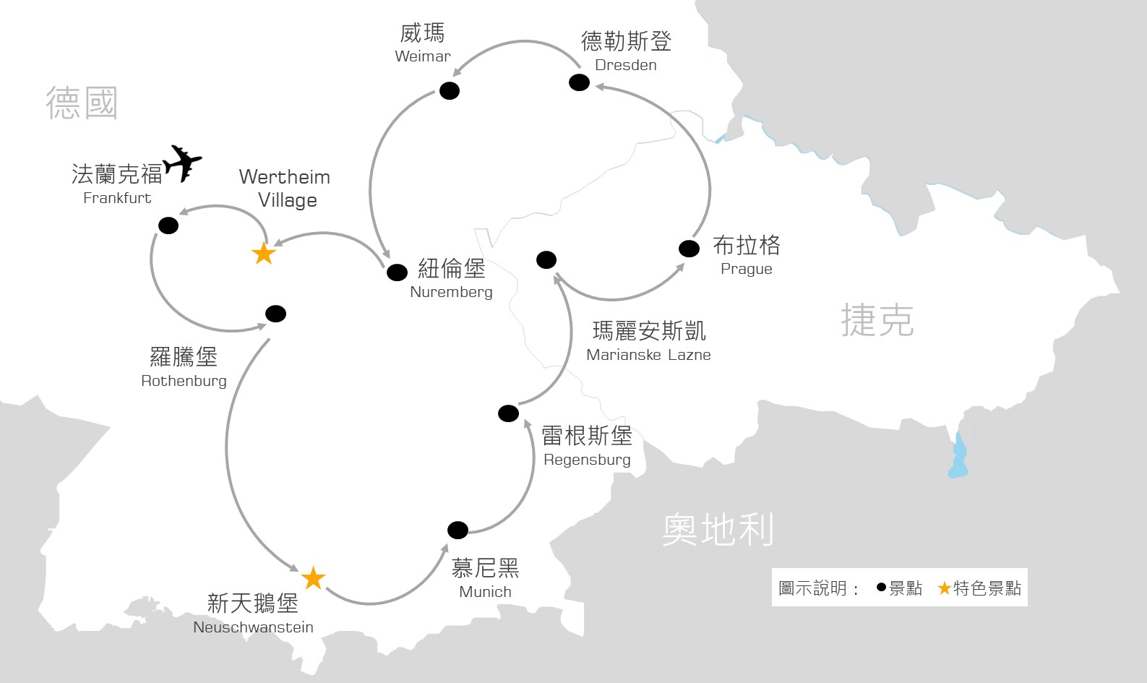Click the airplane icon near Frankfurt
click(182, 163)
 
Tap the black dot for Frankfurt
click(168, 225)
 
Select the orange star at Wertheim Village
click(263, 254)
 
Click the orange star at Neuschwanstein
click(313, 578)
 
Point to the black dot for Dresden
click(579, 82)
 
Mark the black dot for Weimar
click(450, 91)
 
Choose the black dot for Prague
click(689, 249)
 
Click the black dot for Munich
click(457, 530)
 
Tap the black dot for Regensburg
click(508, 413)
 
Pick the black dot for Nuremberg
click(397, 272)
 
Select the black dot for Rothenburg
click(275, 314)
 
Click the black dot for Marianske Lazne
click(546, 259)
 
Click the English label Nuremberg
click(451, 292)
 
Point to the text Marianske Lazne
click(648, 355)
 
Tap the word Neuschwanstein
click(253, 627)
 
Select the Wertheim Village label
click(285, 188)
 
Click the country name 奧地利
click(718, 530)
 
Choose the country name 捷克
click(877, 320)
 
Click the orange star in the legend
click(944, 588)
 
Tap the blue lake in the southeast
click(958, 457)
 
